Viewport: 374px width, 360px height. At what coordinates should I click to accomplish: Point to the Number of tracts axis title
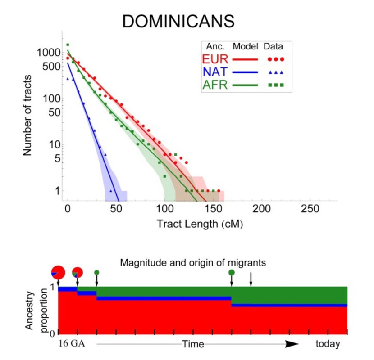[x=28, y=115]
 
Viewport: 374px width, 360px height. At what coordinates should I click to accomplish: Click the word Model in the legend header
[x=245, y=46]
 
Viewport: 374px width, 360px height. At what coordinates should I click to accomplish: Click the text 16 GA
[x=72, y=344]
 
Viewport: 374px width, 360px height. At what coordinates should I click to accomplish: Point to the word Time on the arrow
[x=193, y=344]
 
